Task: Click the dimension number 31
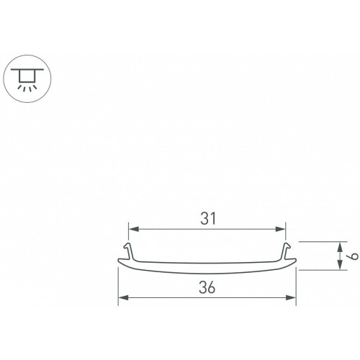pyautogui.click(x=208, y=219)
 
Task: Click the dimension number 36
pyautogui.click(x=207, y=287)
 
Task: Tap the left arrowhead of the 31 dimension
pyautogui.click(x=134, y=229)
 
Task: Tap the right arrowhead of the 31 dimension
pyautogui.click(x=280, y=229)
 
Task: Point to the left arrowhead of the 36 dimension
pyautogui.click(x=123, y=298)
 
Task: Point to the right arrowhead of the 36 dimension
pyautogui.click(x=291, y=298)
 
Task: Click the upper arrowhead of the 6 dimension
pyautogui.click(x=340, y=247)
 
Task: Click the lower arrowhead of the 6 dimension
pyautogui.click(x=340, y=265)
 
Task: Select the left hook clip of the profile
pyautogui.click(x=130, y=251)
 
